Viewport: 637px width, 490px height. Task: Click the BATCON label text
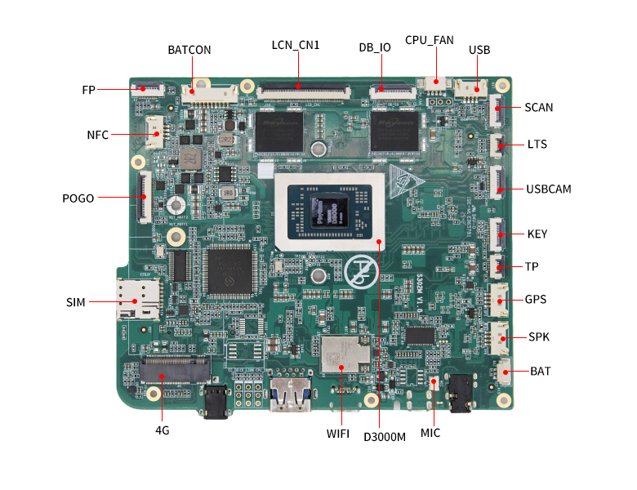click(189, 50)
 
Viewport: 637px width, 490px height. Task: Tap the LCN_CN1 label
click(296, 45)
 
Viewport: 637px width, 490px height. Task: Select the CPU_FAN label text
click(430, 40)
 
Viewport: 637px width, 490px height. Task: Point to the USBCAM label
click(549, 189)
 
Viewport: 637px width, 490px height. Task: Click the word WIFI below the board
click(338, 434)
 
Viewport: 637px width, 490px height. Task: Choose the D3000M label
click(385, 436)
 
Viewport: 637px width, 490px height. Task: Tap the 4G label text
click(162, 430)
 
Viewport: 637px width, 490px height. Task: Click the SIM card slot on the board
click(136, 300)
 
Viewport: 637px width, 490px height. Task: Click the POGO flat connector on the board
click(145, 197)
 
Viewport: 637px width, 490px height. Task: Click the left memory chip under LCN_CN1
click(278, 131)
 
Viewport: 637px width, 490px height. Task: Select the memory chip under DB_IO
click(394, 131)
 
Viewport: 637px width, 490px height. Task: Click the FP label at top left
click(89, 89)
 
